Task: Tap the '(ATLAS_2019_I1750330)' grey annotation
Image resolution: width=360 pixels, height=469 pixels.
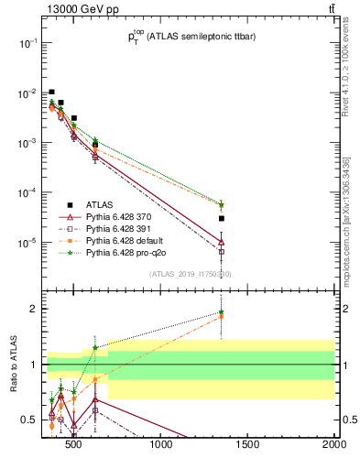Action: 189,273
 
